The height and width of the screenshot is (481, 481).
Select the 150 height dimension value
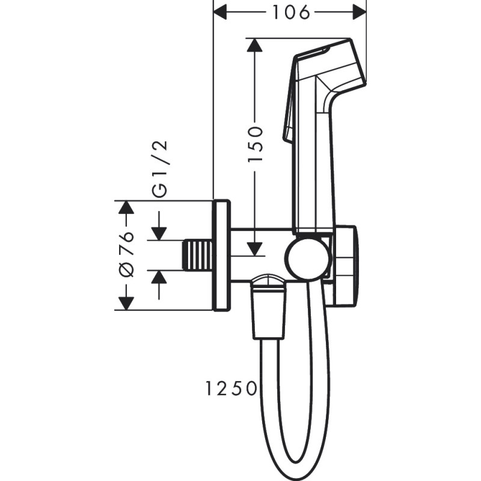[256, 143]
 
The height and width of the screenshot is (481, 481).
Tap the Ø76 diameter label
[126, 254]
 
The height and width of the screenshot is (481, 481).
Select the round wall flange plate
[221, 255]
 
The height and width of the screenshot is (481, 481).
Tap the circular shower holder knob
[307, 259]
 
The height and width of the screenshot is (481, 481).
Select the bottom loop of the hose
[295, 463]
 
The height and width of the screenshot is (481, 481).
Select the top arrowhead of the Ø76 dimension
[126, 207]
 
